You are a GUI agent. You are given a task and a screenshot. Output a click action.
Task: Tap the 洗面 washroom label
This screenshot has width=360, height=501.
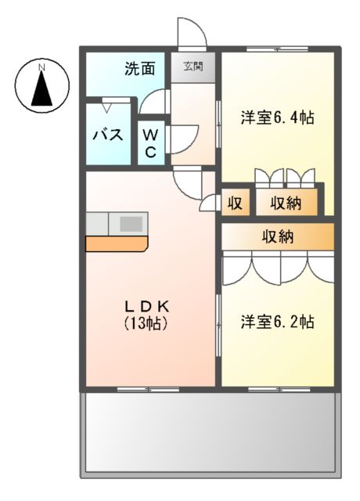pyautogui.click(x=139, y=69)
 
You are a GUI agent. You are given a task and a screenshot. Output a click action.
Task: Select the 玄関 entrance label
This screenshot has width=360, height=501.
pyautogui.click(x=193, y=67)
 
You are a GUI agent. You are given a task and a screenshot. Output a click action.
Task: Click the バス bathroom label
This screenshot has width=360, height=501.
pyautogui.click(x=108, y=134)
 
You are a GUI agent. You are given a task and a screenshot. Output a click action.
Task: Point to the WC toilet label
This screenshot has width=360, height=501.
pyautogui.click(x=151, y=141)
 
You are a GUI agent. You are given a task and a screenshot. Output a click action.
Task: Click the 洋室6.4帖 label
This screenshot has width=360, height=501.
pyautogui.click(x=277, y=118)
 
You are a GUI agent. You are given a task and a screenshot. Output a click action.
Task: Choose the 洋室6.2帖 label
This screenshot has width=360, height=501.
pyautogui.click(x=277, y=322)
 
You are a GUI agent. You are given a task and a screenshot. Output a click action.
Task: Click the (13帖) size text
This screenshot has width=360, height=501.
pyautogui.click(x=146, y=323)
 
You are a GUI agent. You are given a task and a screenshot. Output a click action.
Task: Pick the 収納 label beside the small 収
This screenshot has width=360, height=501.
pyautogui.click(x=286, y=204)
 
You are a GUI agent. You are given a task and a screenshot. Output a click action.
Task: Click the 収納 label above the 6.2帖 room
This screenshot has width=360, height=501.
pyautogui.click(x=278, y=236)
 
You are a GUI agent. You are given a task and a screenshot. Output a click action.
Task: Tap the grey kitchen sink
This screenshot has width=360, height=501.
pyautogui.click(x=130, y=223)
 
